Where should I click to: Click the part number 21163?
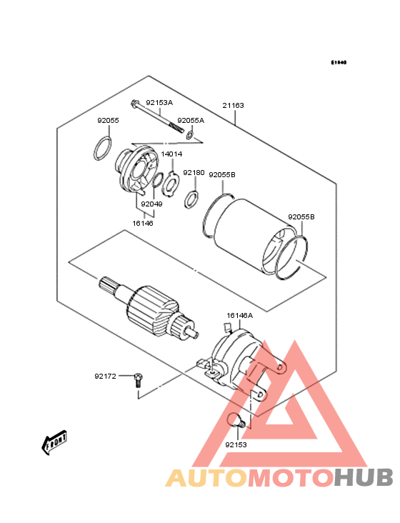pyautogui.click(x=233, y=106)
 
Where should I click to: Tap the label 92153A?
pyautogui.click(x=159, y=103)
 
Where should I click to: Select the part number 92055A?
pyautogui.click(x=191, y=120)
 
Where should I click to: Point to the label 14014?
pyautogui.click(x=171, y=154)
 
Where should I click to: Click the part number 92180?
pyautogui.click(x=194, y=173)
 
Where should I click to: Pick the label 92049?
pyautogui.click(x=151, y=204)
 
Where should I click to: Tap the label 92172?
pyautogui.click(x=106, y=376)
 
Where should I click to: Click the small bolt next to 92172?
pyautogui.click(x=137, y=379)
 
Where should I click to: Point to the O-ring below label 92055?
pyautogui.click(x=104, y=151)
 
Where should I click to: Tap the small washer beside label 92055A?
pyautogui.click(x=191, y=134)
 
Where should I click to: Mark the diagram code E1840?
pyautogui.click(x=338, y=63)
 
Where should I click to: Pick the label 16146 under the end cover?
pyautogui.click(x=143, y=223)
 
